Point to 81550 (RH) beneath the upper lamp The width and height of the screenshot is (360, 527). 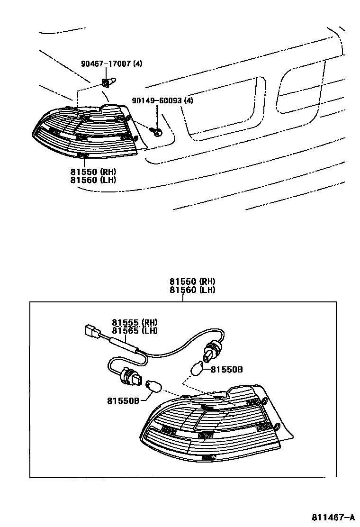tap(93, 172)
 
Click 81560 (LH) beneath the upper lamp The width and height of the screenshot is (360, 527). tap(93, 180)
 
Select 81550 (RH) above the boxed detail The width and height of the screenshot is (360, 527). tap(192, 282)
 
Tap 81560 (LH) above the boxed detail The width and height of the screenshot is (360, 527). tap(192, 290)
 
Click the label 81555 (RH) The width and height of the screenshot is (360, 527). tap(135, 323)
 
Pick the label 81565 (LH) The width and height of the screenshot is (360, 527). tap(135, 331)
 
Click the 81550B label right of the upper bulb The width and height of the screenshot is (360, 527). tap(226, 369)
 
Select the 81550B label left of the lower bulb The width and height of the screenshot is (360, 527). tap(123, 400)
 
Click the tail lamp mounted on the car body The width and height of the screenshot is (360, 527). tap(84, 132)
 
